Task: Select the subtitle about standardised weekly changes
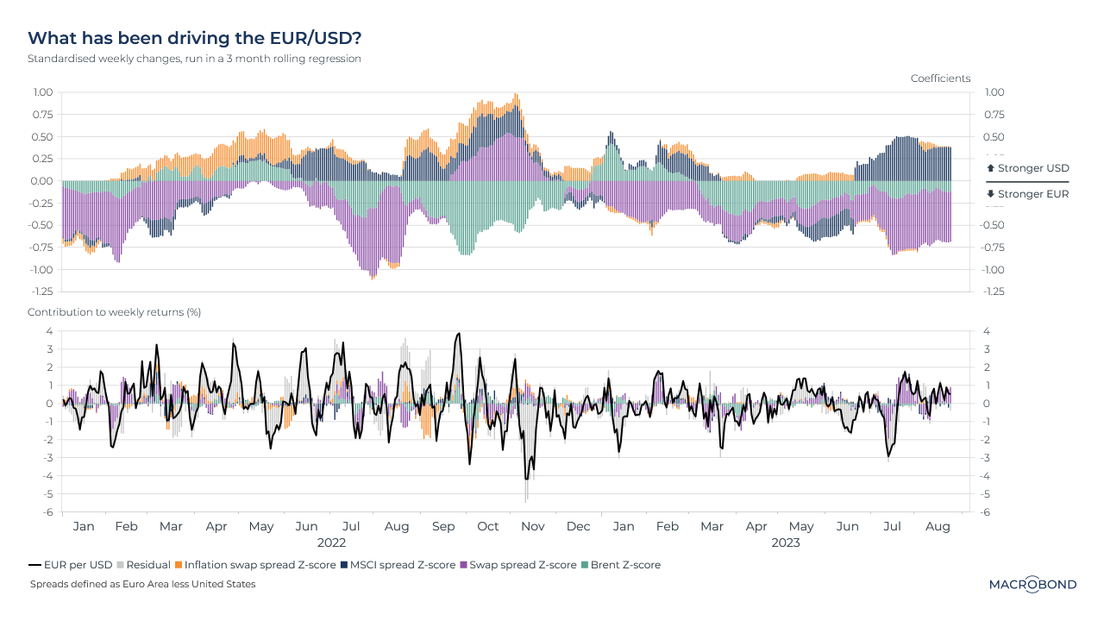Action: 194,59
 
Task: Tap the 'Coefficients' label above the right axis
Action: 940,78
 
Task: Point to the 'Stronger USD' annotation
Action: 1027,168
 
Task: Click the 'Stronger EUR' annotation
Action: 1027,194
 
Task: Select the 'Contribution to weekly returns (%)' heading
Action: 114,312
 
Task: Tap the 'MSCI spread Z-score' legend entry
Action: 403,565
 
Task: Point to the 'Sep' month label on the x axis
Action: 442,526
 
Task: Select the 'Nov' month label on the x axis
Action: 533,526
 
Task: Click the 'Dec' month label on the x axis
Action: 578,526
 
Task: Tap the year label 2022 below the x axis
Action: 331,543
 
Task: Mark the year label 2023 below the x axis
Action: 785,543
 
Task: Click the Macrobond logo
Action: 1032,585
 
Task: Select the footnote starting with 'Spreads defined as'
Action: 142,584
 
